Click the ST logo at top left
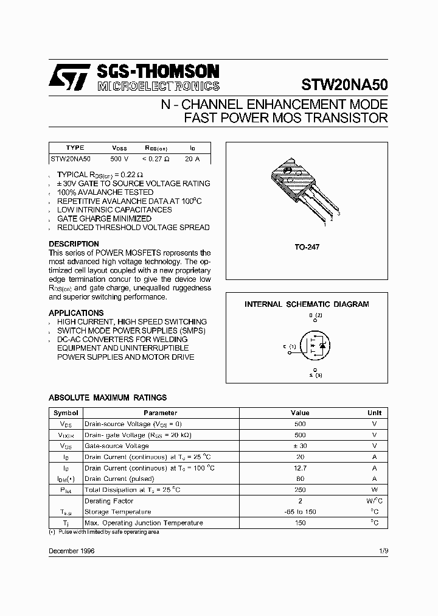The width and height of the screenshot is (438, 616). pyautogui.click(x=70, y=78)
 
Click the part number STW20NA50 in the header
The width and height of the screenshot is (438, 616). pyautogui.click(x=344, y=84)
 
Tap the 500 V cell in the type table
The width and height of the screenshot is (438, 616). pyautogui.click(x=119, y=158)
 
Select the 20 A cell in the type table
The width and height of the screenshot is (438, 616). pyautogui.click(x=192, y=158)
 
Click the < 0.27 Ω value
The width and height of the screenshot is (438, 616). pyautogui.click(x=156, y=158)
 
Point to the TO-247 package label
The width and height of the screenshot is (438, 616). pyautogui.click(x=307, y=247)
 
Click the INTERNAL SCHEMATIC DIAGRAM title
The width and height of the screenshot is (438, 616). pyautogui.click(x=307, y=304)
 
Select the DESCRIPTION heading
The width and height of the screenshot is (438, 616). pyautogui.click(x=74, y=244)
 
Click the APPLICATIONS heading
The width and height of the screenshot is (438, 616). pyautogui.click(x=75, y=313)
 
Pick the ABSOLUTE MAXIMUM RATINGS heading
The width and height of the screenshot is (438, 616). pyautogui.click(x=108, y=397)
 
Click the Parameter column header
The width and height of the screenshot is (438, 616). pyautogui.click(x=161, y=413)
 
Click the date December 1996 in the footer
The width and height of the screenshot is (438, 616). pyautogui.click(x=71, y=550)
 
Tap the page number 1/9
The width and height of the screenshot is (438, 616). pyautogui.click(x=383, y=550)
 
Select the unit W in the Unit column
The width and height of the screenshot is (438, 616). pyautogui.click(x=375, y=489)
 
